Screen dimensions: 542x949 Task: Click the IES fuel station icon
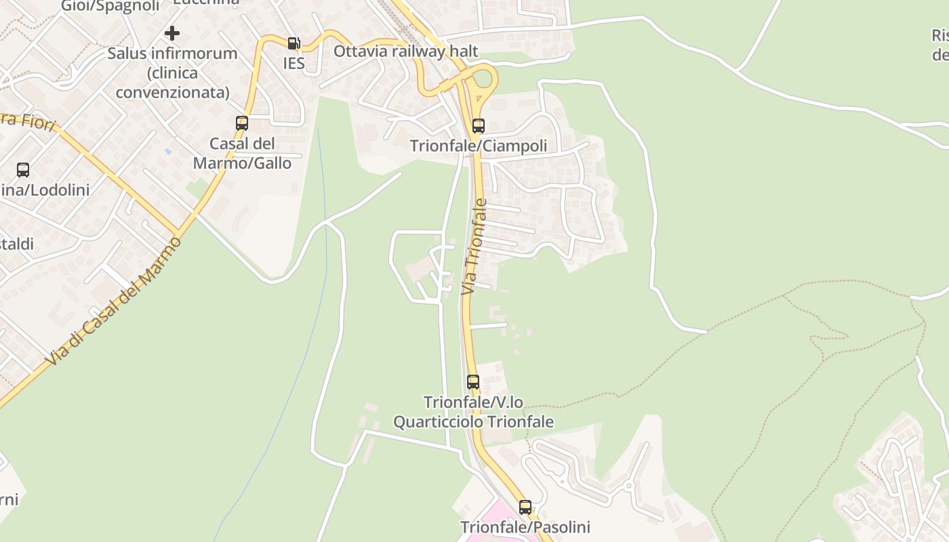tap(294, 43)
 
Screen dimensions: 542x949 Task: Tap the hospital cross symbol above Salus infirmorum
tap(172, 33)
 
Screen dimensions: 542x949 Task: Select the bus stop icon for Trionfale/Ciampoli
tap(479, 125)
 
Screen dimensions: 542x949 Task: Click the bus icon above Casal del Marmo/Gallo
tap(242, 123)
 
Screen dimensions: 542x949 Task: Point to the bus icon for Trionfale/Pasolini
tap(525, 507)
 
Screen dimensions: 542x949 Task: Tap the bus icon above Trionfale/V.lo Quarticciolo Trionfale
tap(473, 382)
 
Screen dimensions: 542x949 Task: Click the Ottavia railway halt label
tap(405, 51)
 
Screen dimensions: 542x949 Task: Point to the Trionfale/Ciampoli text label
tap(479, 146)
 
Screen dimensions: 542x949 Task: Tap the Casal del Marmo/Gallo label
tap(242, 154)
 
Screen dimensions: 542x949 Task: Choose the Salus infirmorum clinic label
tap(172, 72)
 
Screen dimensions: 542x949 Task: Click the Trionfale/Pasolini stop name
tap(525, 527)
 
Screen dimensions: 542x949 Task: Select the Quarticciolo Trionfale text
tap(473, 422)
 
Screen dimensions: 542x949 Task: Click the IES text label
tap(294, 64)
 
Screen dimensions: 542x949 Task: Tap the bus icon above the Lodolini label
tap(23, 170)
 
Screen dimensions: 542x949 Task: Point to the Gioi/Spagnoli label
tap(110, 6)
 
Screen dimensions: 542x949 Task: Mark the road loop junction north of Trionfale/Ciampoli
tap(481, 85)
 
